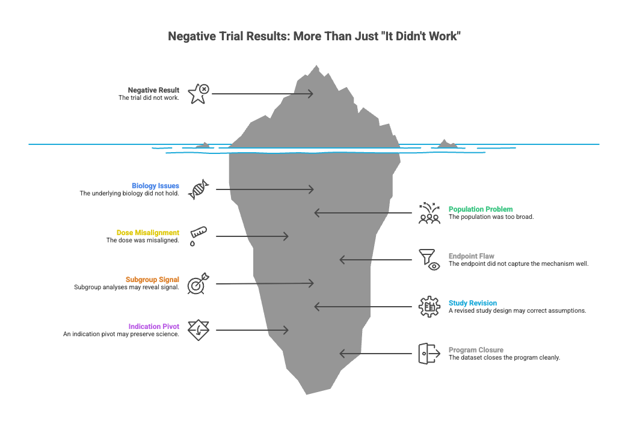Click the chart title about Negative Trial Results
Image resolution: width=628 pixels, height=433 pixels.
pyautogui.click(x=314, y=37)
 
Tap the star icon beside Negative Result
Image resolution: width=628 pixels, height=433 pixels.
pyautogui.click(x=198, y=94)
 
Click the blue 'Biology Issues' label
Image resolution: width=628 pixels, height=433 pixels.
pyautogui.click(x=155, y=186)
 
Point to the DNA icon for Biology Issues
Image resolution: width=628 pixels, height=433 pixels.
pyautogui.click(x=198, y=189)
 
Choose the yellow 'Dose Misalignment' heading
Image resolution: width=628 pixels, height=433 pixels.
pyautogui.click(x=147, y=233)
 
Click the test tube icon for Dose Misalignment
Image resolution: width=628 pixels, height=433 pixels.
pyautogui.click(x=198, y=236)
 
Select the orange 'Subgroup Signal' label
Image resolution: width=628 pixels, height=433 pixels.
pyautogui.click(x=152, y=280)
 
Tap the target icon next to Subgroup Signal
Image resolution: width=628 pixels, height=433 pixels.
pyautogui.click(x=198, y=284)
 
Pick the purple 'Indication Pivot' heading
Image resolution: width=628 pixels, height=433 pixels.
pyautogui.click(x=153, y=327)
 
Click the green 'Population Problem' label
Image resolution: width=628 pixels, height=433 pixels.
pyautogui.click(x=481, y=209)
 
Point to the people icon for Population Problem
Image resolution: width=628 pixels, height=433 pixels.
pyautogui.click(x=429, y=213)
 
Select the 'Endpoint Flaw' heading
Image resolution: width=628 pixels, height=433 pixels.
pyautogui.click(x=472, y=256)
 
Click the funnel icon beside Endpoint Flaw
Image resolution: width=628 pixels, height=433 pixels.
pyautogui.click(x=429, y=260)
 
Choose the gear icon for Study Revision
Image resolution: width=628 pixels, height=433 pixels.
pyautogui.click(x=429, y=307)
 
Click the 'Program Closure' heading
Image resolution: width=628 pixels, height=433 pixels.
pyautogui.click(x=476, y=350)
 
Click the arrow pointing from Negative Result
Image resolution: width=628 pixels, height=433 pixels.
pyautogui.click(x=262, y=94)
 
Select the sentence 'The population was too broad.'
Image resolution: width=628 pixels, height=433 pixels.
pyautogui.click(x=491, y=217)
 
